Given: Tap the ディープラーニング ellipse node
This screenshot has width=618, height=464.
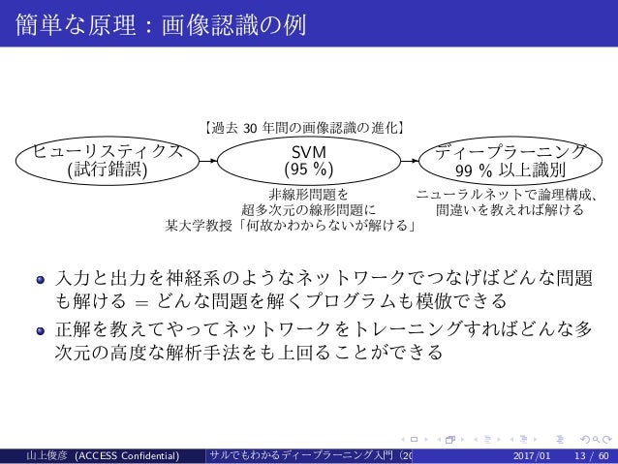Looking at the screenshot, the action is point(510,161).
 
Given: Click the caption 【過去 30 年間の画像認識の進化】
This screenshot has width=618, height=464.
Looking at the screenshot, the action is point(305,125).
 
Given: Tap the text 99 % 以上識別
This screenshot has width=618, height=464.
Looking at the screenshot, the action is point(510,172).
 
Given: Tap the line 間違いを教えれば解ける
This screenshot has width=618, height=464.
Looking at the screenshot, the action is point(510,209).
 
